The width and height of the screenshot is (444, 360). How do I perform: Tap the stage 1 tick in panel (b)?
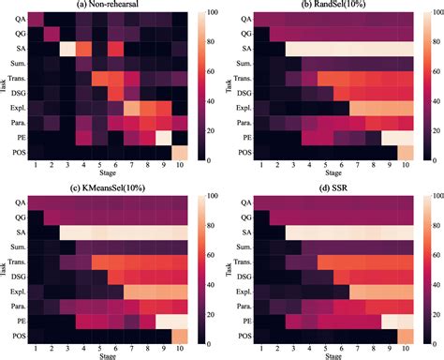[x=262, y=166]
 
